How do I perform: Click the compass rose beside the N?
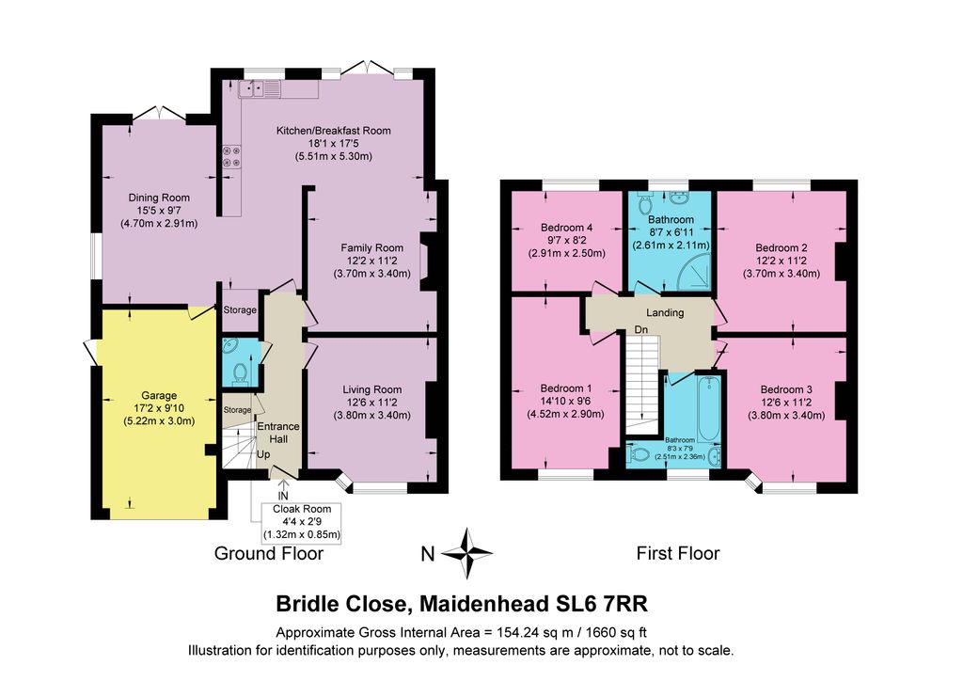[x=466, y=553]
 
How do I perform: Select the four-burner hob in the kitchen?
[x=232, y=156]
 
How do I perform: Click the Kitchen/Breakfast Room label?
[x=334, y=130]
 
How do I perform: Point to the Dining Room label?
[x=159, y=198]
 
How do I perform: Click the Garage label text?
[x=159, y=395]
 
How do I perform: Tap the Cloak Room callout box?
[x=302, y=522]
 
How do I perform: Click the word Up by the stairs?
[x=263, y=454]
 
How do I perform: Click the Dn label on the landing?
[x=641, y=330]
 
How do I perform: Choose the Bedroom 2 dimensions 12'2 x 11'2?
[x=781, y=261]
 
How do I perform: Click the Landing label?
[x=665, y=312]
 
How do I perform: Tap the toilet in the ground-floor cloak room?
[x=240, y=372]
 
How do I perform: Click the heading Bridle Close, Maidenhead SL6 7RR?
[x=462, y=604]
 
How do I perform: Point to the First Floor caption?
[x=678, y=553]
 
